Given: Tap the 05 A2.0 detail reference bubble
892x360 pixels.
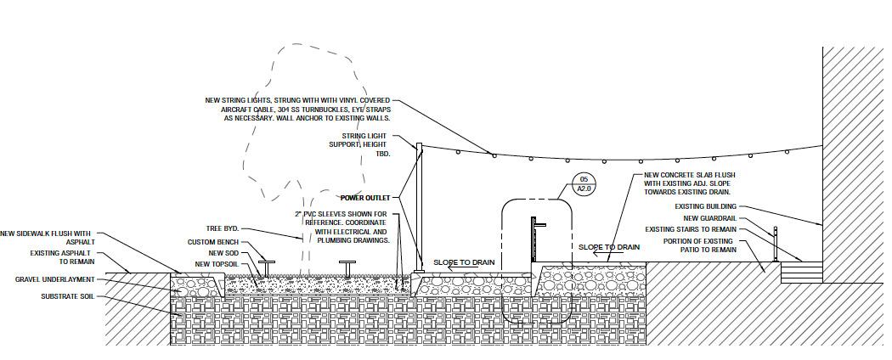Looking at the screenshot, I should coord(584,185).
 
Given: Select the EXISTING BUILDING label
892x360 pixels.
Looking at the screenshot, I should coord(705,206).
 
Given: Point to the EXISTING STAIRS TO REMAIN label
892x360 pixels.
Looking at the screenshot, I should coord(691,229).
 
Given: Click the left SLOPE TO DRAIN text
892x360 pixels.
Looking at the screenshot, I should coord(464,262).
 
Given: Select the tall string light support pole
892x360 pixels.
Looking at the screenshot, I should coord(418,208).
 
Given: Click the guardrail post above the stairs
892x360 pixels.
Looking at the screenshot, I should coord(775,245).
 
